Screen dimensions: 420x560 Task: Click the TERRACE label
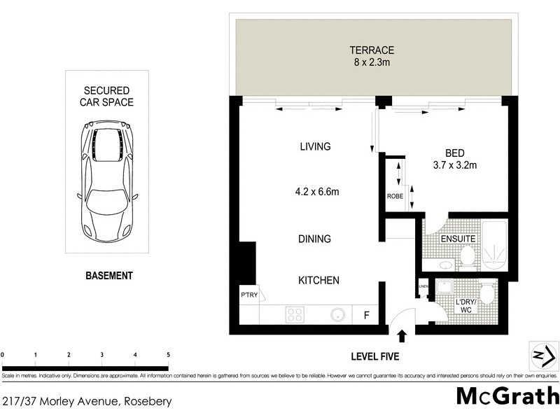click(372, 50)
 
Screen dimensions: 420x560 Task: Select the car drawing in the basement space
click(108, 179)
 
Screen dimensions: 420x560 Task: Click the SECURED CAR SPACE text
click(108, 97)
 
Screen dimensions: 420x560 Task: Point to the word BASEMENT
click(108, 276)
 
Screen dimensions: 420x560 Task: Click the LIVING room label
click(314, 147)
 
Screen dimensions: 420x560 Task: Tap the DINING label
click(314, 239)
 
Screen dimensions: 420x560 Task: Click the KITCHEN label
click(319, 280)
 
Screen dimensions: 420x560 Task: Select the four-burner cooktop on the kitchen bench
click(295, 315)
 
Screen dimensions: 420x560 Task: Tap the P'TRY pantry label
click(249, 295)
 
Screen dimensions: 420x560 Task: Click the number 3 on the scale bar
click(102, 355)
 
